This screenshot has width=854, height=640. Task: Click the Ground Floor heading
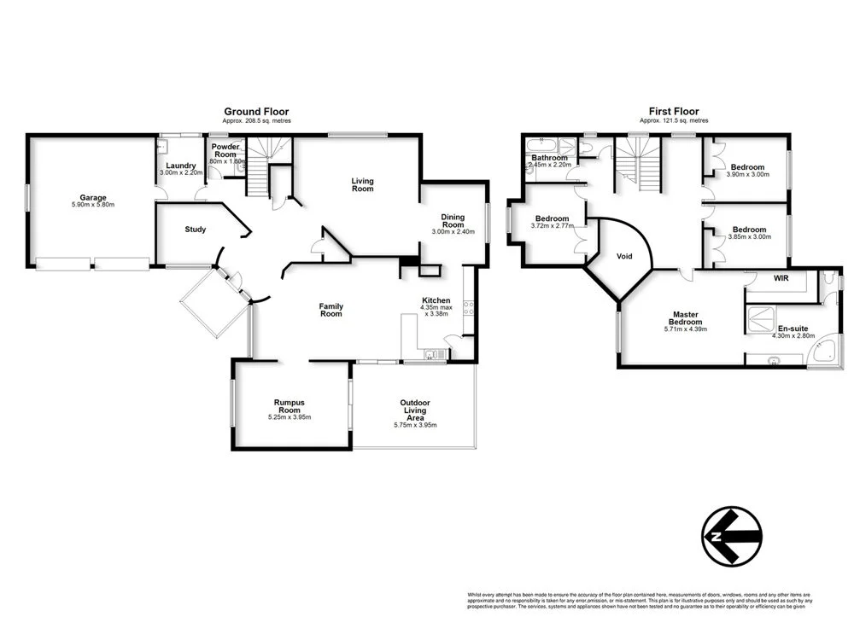pyautogui.click(x=256, y=111)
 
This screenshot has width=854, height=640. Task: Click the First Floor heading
pyautogui.click(x=675, y=111)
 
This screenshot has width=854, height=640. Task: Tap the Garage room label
pyautogui.click(x=93, y=197)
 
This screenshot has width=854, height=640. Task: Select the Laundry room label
pyautogui.click(x=181, y=166)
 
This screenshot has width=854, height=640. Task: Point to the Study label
pyautogui.click(x=196, y=229)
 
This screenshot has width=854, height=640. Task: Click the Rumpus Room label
pyautogui.click(x=290, y=406)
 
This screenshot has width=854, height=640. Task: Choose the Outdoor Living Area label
pyautogui.click(x=414, y=410)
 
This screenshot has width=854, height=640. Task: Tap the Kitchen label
pyautogui.click(x=436, y=300)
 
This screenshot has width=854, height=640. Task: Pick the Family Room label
pyautogui.click(x=331, y=309)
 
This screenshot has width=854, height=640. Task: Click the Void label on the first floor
pyautogui.click(x=624, y=255)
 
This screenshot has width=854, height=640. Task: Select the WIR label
pyautogui.click(x=781, y=278)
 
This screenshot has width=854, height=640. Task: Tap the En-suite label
pyautogui.click(x=793, y=327)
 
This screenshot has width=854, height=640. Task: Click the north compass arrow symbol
pyautogui.click(x=732, y=535)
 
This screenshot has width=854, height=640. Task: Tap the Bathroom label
pyautogui.click(x=549, y=158)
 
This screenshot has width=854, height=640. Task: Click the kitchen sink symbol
pyautogui.click(x=433, y=355)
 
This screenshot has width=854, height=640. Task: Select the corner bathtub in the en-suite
pyautogui.click(x=825, y=353)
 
